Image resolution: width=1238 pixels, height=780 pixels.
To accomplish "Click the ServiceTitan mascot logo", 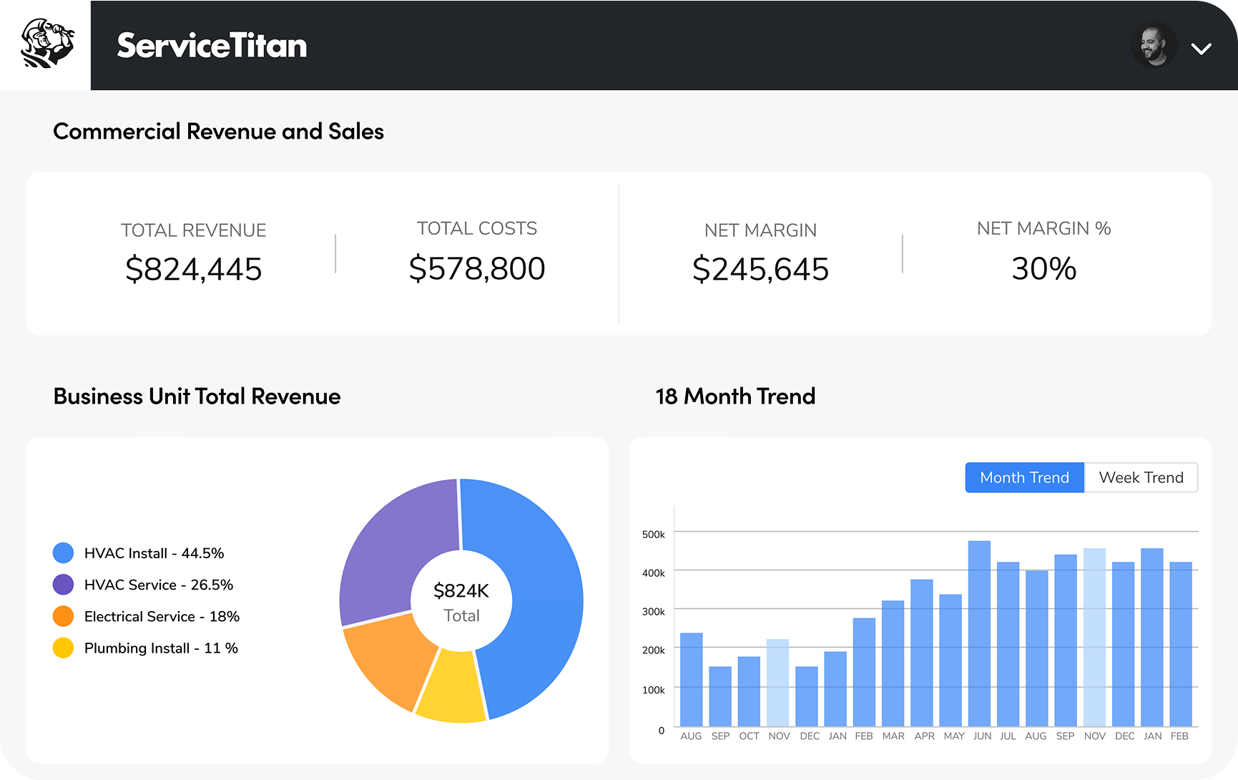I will pos(46,44).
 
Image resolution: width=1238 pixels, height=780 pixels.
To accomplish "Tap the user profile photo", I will pos(1154,46).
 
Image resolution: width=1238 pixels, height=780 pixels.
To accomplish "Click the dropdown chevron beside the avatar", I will pos(1201,49).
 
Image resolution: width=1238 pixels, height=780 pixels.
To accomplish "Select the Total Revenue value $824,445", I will pos(193,270).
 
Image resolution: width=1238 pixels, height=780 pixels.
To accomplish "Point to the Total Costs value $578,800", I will pos(477,269).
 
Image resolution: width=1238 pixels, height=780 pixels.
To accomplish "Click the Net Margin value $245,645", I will pos(760,270).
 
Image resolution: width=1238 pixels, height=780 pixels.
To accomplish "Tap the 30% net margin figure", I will pos(1043,269).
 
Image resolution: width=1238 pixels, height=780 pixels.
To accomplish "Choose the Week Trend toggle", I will pos(1141,477).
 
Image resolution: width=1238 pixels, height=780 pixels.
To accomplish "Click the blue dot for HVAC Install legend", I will pos(63,553).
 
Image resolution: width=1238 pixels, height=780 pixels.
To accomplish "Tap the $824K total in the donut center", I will pos(461,591).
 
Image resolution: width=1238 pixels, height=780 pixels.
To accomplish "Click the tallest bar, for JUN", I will pos(979,633).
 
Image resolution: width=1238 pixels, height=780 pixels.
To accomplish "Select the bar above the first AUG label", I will pos(691,680).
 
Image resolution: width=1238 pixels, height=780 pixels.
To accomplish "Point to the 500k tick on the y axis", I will pos(653,535).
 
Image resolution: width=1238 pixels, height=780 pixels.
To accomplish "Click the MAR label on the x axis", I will pos(893,736).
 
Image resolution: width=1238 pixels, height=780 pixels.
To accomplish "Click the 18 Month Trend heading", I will pos(735,396).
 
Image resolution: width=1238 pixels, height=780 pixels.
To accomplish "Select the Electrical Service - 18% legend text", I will pos(162,617).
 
